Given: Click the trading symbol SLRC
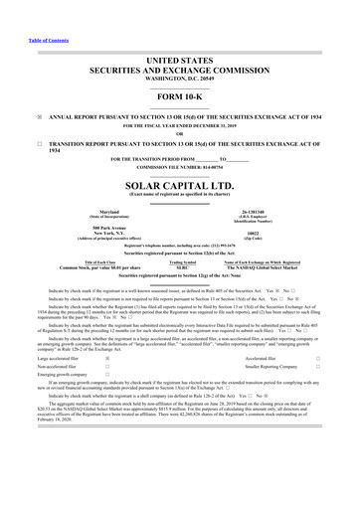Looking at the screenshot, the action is point(181,268).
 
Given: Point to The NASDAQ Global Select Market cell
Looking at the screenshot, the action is point(267,268).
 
